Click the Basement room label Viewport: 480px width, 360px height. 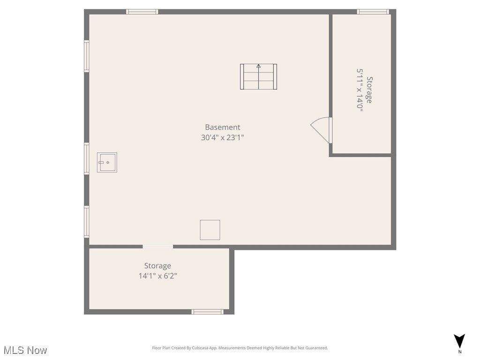pyautogui.click(x=222, y=127)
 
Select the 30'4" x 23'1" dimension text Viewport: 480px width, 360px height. pyautogui.click(x=222, y=138)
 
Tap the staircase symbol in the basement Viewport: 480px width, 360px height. pyautogui.click(x=258, y=77)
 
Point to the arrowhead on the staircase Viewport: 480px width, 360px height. pyautogui.click(x=258, y=66)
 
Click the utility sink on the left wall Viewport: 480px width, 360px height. pyautogui.click(x=107, y=162)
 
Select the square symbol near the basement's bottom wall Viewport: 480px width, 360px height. pyautogui.click(x=210, y=230)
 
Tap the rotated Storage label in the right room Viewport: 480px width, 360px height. pyautogui.click(x=370, y=90)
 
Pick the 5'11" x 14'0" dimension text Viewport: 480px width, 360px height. pyautogui.click(x=360, y=90)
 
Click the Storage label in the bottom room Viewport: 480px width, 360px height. pyautogui.click(x=157, y=266)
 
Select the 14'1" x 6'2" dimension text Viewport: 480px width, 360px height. pyautogui.click(x=157, y=276)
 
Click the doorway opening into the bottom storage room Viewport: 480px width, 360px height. pyautogui.click(x=157, y=247)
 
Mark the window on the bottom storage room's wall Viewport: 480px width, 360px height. pyautogui.click(x=207, y=312)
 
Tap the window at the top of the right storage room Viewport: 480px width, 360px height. pyautogui.click(x=373, y=12)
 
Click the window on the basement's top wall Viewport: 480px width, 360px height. pyautogui.click(x=142, y=12)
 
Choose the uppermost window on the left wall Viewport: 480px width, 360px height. pyautogui.click(x=87, y=56)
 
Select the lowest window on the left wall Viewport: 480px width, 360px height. pyautogui.click(x=87, y=222)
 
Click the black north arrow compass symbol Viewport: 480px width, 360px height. pyautogui.click(x=459, y=341)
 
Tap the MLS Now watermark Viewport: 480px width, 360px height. pyautogui.click(x=25, y=350)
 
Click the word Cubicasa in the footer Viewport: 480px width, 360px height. pyautogui.click(x=203, y=348)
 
